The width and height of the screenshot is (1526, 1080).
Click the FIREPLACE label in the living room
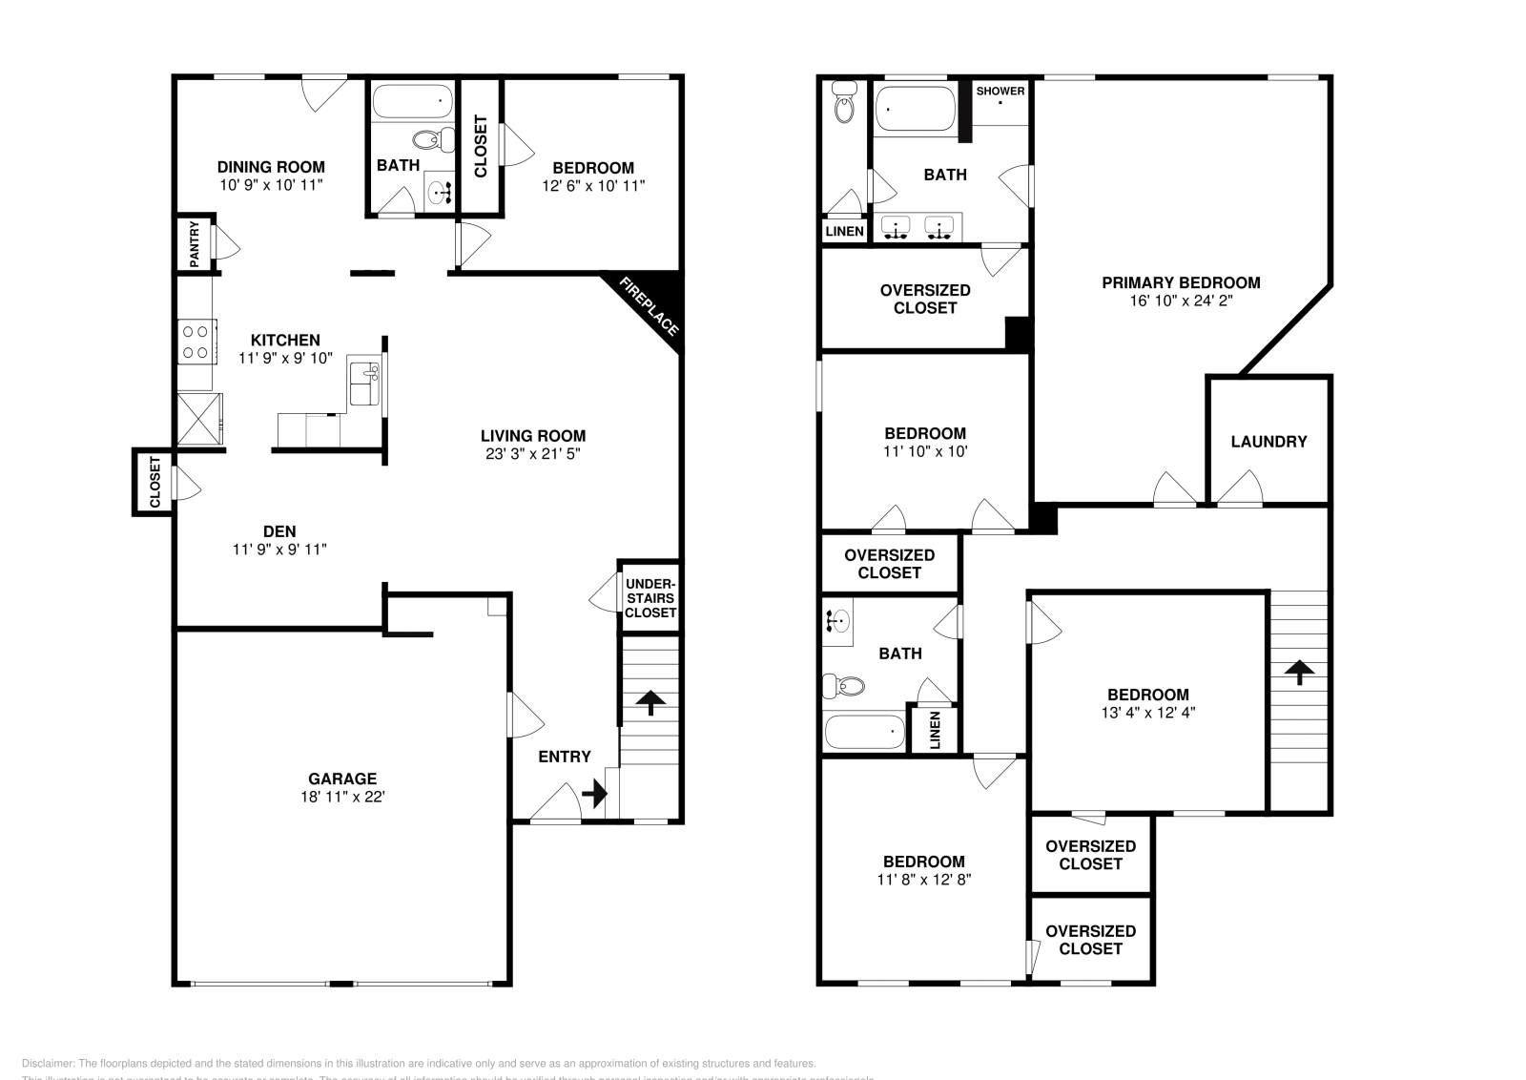coord(650,306)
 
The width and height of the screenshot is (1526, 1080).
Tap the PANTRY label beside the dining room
coord(194,244)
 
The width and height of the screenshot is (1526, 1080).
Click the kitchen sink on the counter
coord(363,384)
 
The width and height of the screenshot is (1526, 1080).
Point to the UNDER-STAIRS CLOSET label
coord(650,598)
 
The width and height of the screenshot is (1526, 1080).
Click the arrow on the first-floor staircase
coord(650,702)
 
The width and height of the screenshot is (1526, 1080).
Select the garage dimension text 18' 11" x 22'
coord(342,797)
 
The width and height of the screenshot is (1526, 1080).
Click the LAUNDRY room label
coord(1268,442)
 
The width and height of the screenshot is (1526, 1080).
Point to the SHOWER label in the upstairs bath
coord(1000,92)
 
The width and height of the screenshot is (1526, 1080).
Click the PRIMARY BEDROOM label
coord(1181,282)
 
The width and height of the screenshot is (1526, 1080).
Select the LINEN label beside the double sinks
coord(844,231)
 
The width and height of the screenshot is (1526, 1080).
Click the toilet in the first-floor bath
coord(442,139)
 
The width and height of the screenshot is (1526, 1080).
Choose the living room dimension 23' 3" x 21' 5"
coord(533,454)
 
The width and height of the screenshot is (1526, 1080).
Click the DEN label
coord(279,531)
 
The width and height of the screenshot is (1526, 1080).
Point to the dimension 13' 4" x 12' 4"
coord(1147,712)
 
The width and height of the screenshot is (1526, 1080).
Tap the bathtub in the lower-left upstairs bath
coord(864,733)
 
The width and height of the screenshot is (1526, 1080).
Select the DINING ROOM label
coord(271,167)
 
